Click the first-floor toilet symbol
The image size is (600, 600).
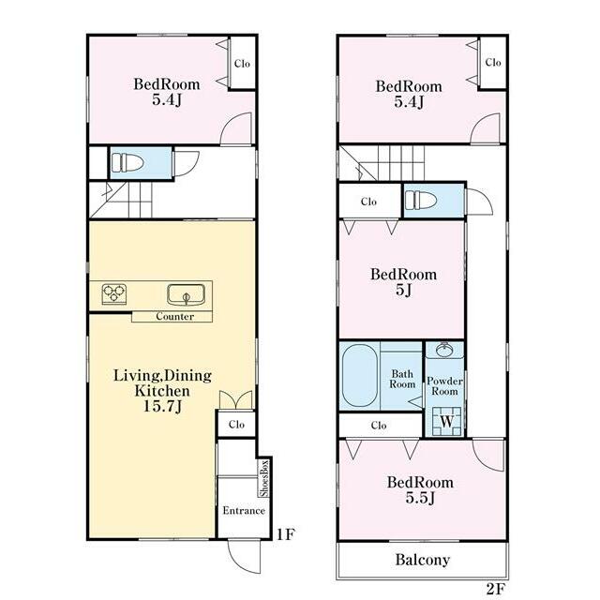pos(127,163)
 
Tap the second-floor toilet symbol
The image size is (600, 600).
pos(421,200)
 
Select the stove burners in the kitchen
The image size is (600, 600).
pos(114,293)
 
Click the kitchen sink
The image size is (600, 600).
pos(186,295)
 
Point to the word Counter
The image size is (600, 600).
pos(175,317)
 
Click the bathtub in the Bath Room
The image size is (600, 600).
pos(360,375)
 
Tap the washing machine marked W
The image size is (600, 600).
pos(446,422)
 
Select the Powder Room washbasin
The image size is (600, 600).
pos(444,350)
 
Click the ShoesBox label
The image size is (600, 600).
pos(264,478)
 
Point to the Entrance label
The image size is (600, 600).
pos(244,510)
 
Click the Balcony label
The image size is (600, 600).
pos(423,560)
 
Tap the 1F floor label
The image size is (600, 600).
pos(286,534)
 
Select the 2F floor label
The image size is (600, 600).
pos(496,589)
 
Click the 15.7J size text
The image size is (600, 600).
pos(162,406)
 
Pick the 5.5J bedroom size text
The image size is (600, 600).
pos(420,498)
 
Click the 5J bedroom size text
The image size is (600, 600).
pos(403,290)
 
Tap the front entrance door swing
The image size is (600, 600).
pos(245,556)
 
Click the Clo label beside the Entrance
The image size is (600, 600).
pos(236,425)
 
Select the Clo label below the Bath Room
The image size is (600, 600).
pos(379,425)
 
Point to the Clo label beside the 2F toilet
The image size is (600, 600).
pos(368,202)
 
